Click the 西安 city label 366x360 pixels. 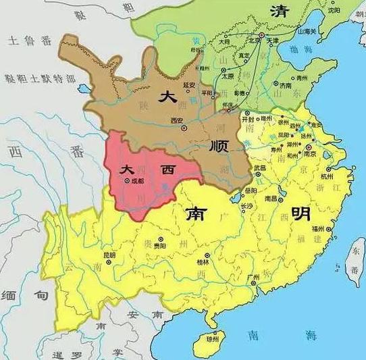(x=177, y=120)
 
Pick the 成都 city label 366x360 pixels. (x=137, y=180)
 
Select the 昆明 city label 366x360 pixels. (x=109, y=255)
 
